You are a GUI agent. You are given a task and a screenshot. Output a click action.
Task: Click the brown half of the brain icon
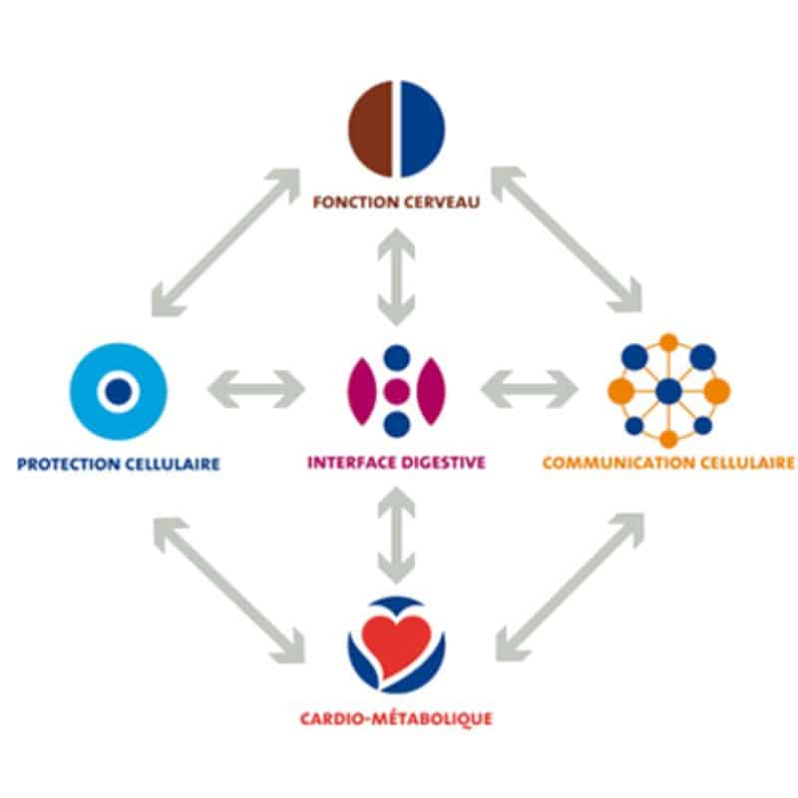coord(370,129)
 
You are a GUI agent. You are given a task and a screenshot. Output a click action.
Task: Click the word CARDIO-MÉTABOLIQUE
coord(396,719)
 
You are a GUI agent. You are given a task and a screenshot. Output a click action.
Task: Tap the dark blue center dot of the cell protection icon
coord(119,391)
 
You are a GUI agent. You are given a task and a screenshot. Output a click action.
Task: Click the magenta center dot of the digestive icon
coord(396,391)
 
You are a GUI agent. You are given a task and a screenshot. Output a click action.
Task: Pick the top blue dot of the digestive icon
coord(397,358)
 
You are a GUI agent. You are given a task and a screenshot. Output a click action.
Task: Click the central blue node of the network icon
coord(668,391)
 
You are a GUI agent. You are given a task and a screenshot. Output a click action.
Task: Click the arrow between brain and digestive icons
coord(396,277)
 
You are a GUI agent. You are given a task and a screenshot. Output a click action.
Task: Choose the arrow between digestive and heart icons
coord(396,535)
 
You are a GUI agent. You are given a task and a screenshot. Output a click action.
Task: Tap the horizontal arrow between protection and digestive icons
coord(256,389)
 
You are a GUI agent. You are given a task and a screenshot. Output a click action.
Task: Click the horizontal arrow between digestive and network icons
coord(530,389)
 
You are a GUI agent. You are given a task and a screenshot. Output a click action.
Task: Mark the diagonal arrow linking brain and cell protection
coord(226,242)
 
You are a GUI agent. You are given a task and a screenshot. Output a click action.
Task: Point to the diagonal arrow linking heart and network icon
coord(570,588)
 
